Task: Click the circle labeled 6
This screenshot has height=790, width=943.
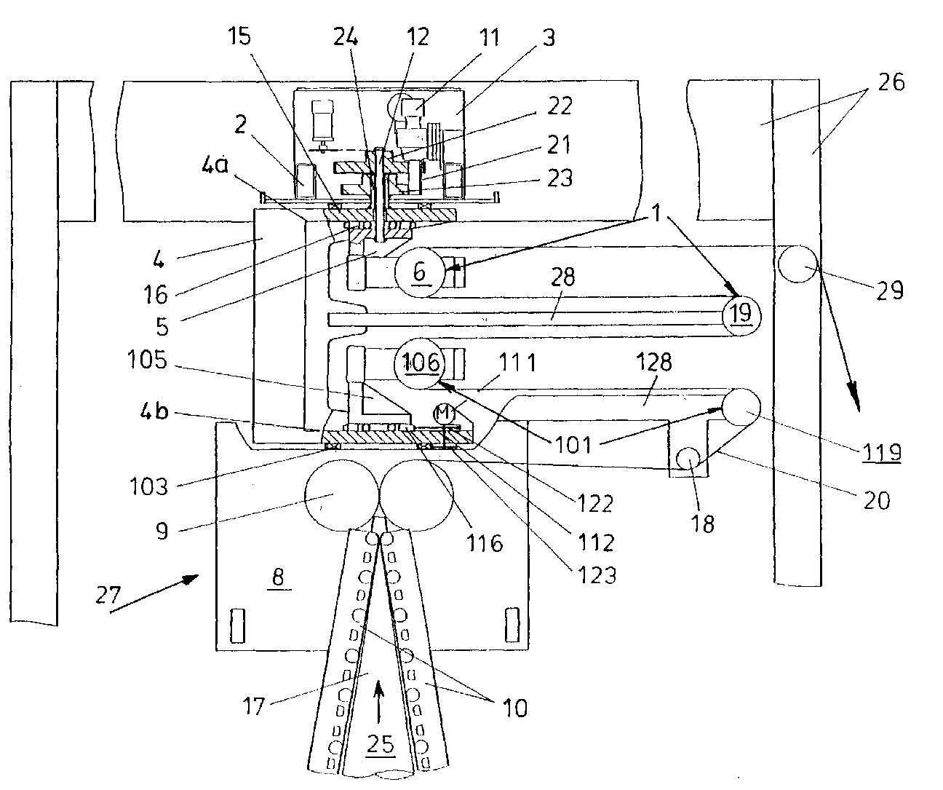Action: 420,272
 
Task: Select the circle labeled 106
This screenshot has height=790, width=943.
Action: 420,363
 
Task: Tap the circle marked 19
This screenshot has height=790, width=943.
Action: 741,316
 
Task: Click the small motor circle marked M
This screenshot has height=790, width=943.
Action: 444,413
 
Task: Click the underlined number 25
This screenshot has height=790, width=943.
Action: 381,743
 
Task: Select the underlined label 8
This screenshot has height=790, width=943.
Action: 278,577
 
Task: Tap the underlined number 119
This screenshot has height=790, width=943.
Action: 882,452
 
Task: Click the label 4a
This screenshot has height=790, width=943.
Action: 215,165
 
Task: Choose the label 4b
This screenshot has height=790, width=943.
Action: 154,411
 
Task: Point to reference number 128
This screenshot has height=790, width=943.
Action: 653,362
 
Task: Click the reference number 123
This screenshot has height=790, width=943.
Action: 597,576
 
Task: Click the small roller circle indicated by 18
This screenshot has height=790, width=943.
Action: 688,459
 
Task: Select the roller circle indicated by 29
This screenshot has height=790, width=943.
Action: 798,264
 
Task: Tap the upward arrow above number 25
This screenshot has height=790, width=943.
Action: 378,702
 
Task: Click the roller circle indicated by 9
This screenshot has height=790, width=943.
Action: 342,495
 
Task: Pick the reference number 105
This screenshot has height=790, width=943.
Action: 147,360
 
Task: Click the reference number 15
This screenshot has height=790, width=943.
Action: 239,36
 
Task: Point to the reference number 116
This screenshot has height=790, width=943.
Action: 485,543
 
